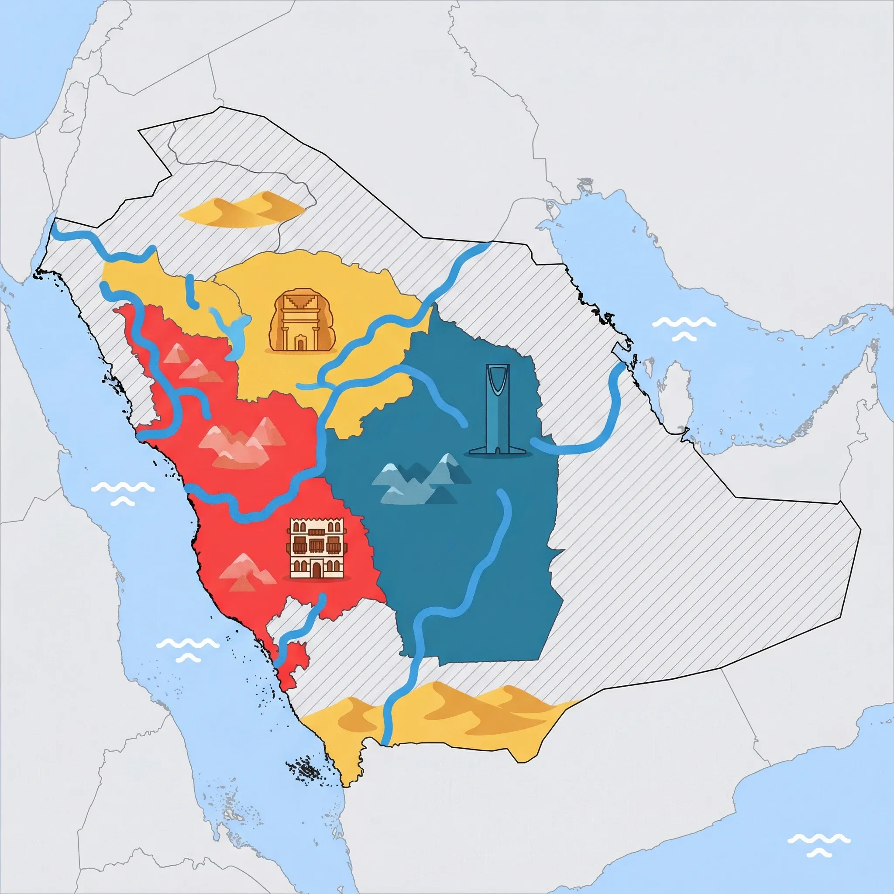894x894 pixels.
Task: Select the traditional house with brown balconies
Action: pos(317,548)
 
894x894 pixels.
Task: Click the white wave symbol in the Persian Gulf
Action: pos(684,328)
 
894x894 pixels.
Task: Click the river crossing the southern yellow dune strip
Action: pos(388,718)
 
